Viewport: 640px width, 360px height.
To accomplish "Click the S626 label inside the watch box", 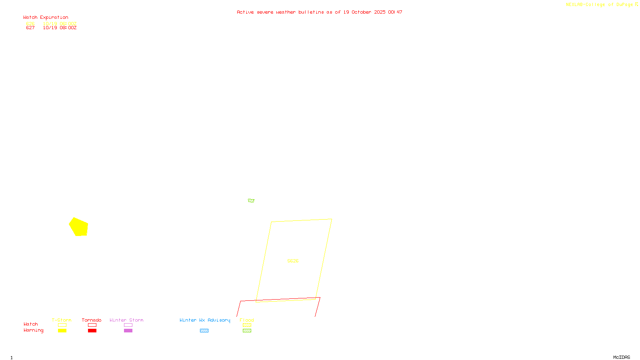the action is [293, 261].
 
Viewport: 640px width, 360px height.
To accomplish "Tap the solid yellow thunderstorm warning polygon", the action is [79, 227].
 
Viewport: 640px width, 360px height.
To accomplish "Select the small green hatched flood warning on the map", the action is [251, 200].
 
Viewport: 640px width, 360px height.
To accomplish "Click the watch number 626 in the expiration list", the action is [30, 24].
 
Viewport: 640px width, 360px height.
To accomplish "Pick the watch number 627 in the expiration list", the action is [30, 28].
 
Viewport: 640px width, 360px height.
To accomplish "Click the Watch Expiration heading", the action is [46, 18].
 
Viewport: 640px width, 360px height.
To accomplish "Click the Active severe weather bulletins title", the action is [319, 12].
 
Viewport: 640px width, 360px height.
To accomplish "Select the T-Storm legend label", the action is [62, 320].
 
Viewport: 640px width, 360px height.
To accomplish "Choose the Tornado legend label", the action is [92, 320].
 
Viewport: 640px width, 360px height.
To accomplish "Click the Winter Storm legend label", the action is [126, 320].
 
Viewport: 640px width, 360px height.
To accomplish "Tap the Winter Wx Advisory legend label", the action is [205, 320].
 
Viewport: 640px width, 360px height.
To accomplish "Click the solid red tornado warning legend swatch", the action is [92, 331].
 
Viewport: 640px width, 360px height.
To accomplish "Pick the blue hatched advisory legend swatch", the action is [204, 331].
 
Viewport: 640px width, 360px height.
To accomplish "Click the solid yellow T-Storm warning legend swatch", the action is [62, 331].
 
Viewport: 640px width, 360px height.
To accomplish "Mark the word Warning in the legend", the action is [34, 330].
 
